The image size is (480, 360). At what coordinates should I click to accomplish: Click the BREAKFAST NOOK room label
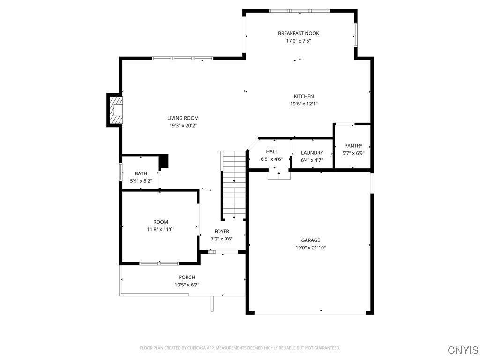(x=298, y=33)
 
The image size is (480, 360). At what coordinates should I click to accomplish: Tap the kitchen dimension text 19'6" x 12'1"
(x=304, y=104)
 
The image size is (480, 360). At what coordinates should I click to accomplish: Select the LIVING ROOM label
(x=183, y=118)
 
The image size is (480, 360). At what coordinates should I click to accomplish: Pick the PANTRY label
(x=353, y=146)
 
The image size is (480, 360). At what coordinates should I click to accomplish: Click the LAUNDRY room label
(x=312, y=153)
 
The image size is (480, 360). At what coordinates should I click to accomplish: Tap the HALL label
(x=272, y=151)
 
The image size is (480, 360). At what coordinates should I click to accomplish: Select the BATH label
(x=141, y=173)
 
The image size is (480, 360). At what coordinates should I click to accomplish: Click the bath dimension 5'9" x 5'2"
(x=141, y=181)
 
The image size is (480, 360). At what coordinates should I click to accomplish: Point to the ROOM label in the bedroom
(x=160, y=222)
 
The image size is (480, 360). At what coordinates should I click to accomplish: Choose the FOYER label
(x=222, y=231)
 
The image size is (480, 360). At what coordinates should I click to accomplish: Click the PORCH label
(x=187, y=277)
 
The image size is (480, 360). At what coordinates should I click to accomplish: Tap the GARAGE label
(x=310, y=240)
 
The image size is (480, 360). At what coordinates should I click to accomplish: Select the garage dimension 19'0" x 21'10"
(x=310, y=247)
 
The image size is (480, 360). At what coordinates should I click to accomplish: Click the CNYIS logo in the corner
(x=463, y=350)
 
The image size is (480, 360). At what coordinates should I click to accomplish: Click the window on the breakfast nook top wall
(x=299, y=10)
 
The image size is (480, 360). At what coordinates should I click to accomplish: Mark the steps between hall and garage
(x=279, y=175)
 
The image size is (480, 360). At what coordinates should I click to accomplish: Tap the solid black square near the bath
(x=164, y=161)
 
